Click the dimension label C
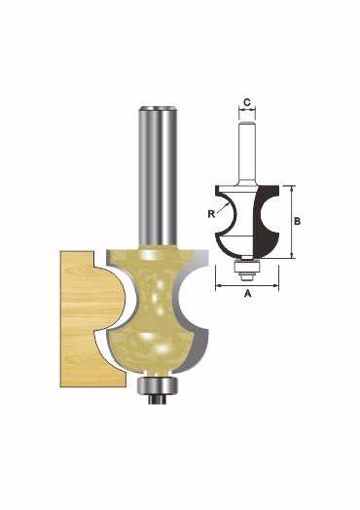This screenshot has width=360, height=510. click(x=247, y=102)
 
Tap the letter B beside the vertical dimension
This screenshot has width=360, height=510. click(x=297, y=221)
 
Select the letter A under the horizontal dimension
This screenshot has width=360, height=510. click(x=248, y=294)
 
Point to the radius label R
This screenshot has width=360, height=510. click(x=211, y=214)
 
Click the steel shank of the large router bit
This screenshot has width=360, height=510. click(x=158, y=175)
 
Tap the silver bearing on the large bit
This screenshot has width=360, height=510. click(x=158, y=385)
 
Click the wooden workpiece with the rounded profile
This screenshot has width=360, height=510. click(x=91, y=319)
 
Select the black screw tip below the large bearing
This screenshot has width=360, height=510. click(x=158, y=399)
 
